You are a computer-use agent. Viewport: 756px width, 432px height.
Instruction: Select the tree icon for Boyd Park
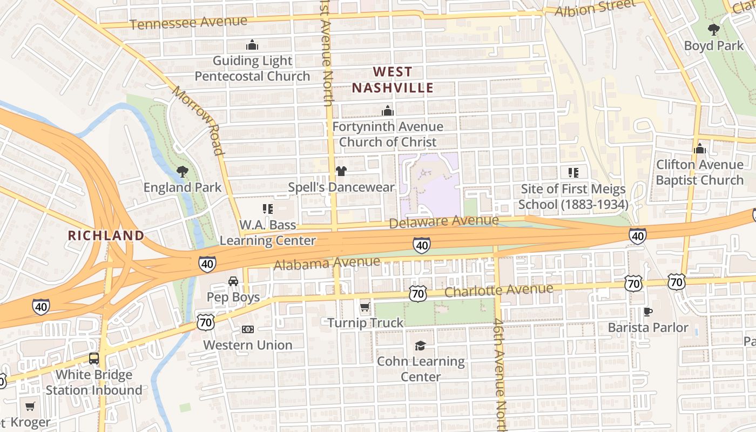[714, 30]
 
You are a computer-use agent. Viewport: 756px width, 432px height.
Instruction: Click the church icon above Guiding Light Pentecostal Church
[252, 45]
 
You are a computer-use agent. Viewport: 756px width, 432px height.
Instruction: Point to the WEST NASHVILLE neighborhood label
[393, 79]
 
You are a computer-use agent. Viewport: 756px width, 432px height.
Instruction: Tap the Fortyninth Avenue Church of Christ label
[388, 134]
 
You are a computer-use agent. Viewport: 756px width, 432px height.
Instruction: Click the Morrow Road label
[198, 120]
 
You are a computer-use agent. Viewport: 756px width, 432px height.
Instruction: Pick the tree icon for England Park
[183, 172]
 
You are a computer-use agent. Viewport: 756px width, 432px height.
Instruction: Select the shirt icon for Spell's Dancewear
[341, 171]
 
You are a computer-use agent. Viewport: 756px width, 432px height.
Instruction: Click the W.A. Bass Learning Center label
[268, 232]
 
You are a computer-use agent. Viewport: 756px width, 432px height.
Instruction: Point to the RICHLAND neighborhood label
[106, 235]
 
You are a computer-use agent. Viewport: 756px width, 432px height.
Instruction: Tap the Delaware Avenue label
[444, 221]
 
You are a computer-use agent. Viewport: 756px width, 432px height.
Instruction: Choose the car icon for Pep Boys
[233, 281]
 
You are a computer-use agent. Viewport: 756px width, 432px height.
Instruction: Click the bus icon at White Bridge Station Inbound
[94, 359]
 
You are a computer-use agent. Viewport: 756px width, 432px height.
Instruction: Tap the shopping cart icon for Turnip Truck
[365, 307]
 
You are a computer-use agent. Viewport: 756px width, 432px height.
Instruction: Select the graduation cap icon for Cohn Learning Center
[420, 346]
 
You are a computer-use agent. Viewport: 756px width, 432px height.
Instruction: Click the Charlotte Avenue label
[498, 291]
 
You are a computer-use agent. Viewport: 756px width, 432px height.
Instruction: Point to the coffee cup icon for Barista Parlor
[648, 312]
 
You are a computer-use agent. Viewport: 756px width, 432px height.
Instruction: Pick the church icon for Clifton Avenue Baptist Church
[700, 148]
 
